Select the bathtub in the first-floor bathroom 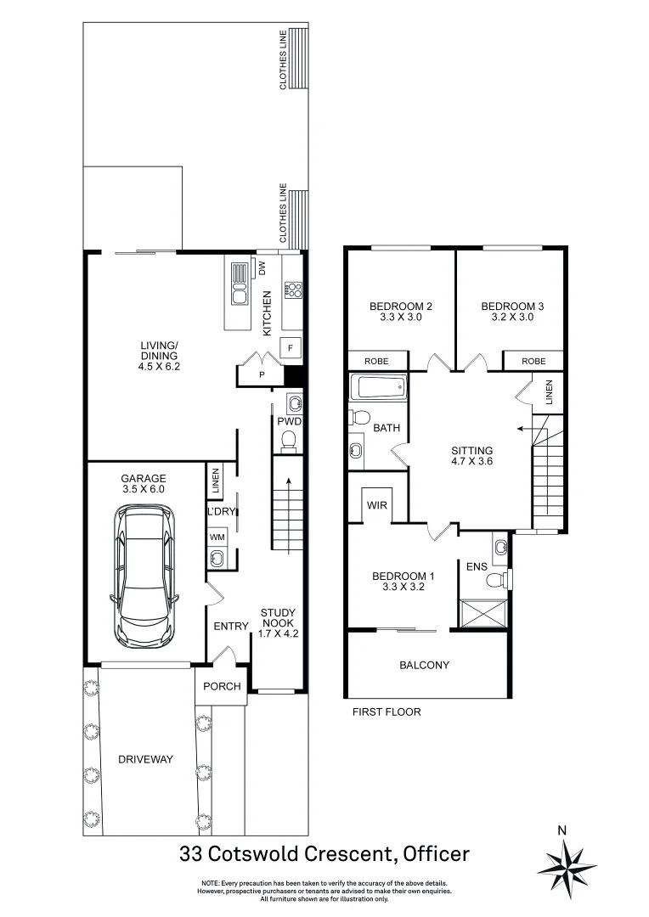(378, 388)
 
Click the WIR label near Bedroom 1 (377, 505)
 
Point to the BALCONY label (424, 665)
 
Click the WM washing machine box (216, 537)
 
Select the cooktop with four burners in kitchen (293, 290)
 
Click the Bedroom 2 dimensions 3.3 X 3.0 (401, 318)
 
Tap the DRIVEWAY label (145, 759)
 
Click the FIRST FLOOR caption (387, 712)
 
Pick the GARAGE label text (144, 478)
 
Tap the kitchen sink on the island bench (239, 296)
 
